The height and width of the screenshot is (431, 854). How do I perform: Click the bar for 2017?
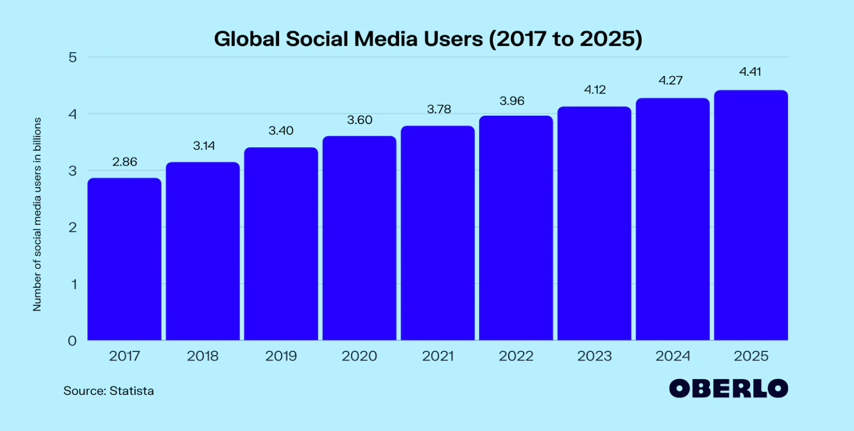click(124, 259)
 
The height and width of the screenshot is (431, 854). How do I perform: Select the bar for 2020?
click(359, 238)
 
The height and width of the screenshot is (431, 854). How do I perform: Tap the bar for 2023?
click(594, 224)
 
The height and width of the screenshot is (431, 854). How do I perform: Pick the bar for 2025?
click(751, 215)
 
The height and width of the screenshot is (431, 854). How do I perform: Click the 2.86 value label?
click(124, 162)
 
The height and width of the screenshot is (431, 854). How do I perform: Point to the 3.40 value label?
click(281, 131)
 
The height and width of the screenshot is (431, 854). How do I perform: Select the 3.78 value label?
click(439, 109)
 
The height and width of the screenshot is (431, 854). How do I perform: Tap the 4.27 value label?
click(670, 81)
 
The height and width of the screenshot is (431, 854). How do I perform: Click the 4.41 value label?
click(750, 71)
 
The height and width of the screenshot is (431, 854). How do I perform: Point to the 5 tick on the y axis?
click(73, 57)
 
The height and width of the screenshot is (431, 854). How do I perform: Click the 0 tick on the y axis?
click(73, 341)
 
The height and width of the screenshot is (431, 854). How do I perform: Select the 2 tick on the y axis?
click(73, 227)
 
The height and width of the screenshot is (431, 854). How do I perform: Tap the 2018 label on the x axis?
click(203, 356)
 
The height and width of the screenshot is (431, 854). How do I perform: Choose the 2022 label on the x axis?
click(516, 356)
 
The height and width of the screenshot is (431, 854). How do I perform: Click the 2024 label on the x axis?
click(673, 356)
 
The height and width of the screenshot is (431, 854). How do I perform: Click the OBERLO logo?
click(729, 388)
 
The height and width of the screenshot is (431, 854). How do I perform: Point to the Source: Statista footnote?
click(109, 391)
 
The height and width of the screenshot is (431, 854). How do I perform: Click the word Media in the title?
click(385, 39)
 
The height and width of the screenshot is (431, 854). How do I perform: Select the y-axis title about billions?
click(37, 214)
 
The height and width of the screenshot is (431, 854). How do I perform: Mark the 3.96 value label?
click(512, 101)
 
